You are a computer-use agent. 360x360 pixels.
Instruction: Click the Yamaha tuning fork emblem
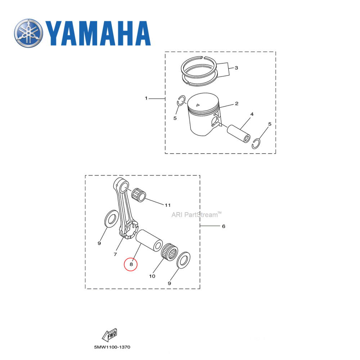pyautogui.click(x=28, y=33)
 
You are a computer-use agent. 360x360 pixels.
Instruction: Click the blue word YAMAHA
pyautogui.click(x=98, y=33)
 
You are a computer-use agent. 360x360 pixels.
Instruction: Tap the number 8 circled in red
pyautogui.click(x=131, y=265)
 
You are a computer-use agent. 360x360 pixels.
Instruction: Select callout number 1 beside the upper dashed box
pyautogui.click(x=146, y=98)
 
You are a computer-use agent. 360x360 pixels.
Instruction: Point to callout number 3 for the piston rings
pyautogui.click(x=237, y=68)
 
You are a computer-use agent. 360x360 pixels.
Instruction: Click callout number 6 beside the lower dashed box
pyautogui.click(x=223, y=226)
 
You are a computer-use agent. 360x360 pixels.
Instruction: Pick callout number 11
pyautogui.click(x=167, y=205)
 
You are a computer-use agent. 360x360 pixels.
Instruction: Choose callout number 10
pyautogui.click(x=152, y=276)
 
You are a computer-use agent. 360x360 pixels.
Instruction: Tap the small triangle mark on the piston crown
pyautogui.click(x=198, y=105)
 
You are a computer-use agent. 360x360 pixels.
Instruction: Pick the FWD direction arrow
pyautogui.click(x=110, y=335)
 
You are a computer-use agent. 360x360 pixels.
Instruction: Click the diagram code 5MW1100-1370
pyautogui.click(x=112, y=347)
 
